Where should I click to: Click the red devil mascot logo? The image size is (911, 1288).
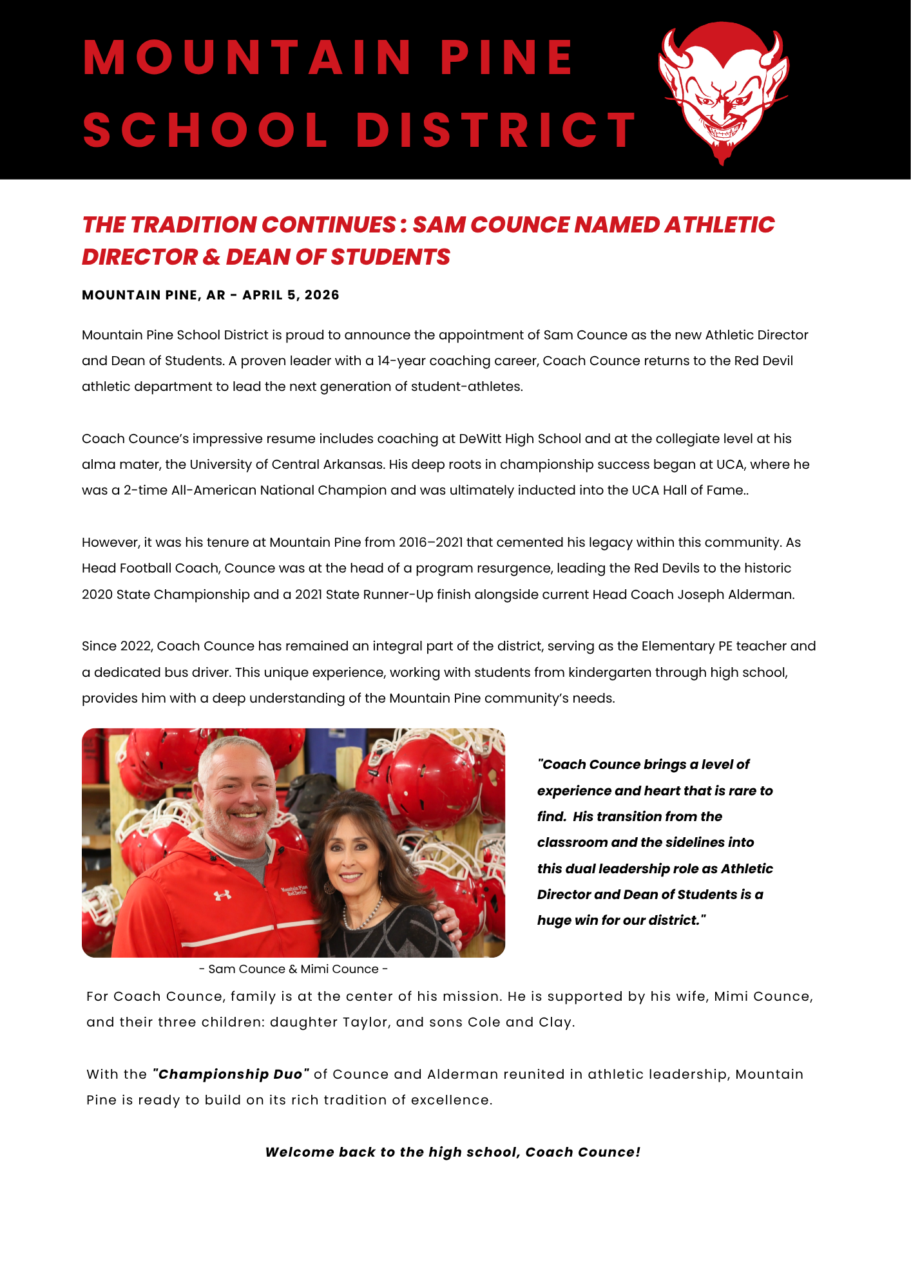coord(723,92)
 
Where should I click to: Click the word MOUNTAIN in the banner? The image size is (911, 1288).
coord(248,58)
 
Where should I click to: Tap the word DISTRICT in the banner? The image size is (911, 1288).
coord(496,130)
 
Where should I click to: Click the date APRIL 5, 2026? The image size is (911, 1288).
coord(291,295)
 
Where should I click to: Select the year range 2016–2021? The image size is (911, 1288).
coord(430,542)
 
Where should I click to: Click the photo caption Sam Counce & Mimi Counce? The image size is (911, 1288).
coord(293,969)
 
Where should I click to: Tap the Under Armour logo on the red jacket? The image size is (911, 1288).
coord(223,895)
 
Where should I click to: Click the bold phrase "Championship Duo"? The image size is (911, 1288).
coord(231,1074)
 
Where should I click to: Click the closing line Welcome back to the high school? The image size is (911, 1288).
coord(452,1152)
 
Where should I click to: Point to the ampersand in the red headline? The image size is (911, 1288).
coord(211,257)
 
